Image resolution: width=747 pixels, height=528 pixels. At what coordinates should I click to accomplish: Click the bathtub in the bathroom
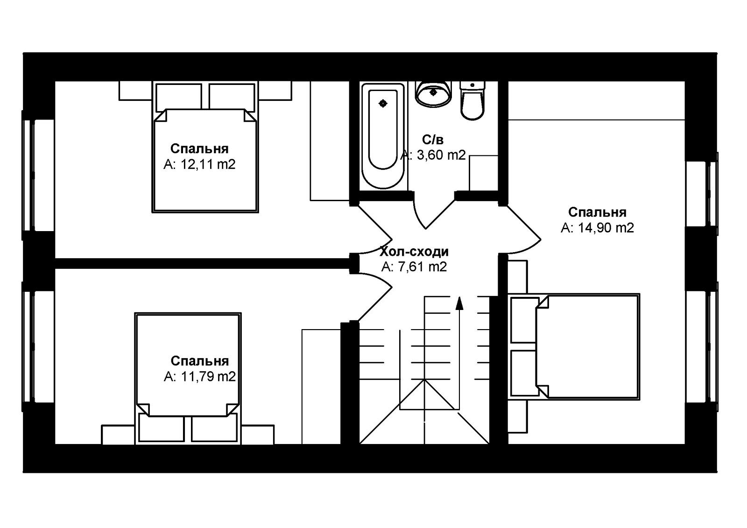tap(383, 136)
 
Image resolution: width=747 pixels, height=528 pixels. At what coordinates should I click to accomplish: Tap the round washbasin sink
tap(433, 94)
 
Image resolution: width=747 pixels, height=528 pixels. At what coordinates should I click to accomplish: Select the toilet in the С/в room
tap(472, 100)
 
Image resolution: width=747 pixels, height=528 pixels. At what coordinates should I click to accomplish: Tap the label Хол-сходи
tap(414, 252)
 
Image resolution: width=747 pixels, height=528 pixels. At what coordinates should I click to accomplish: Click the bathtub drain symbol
tap(383, 103)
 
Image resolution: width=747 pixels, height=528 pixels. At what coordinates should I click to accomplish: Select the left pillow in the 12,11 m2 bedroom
tap(179, 98)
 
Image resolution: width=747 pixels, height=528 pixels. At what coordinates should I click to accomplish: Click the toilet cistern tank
tap(472, 85)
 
